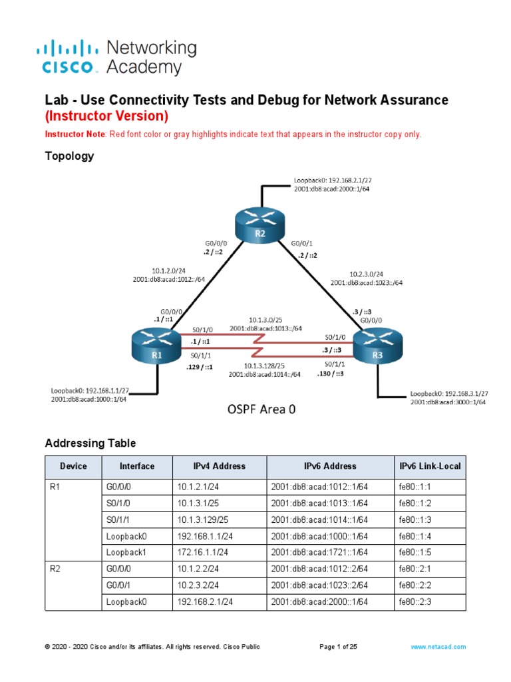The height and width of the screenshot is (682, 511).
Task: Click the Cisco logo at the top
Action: [70, 57]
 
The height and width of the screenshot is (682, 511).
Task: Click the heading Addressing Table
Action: [90, 443]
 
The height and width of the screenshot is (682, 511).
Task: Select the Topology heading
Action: [69, 157]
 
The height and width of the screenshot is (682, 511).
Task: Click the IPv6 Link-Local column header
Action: [429, 466]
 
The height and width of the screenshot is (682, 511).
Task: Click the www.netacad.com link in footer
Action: [438, 647]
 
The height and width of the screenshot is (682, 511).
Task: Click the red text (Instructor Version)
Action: [106, 116]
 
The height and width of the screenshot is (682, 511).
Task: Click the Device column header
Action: [73, 466]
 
